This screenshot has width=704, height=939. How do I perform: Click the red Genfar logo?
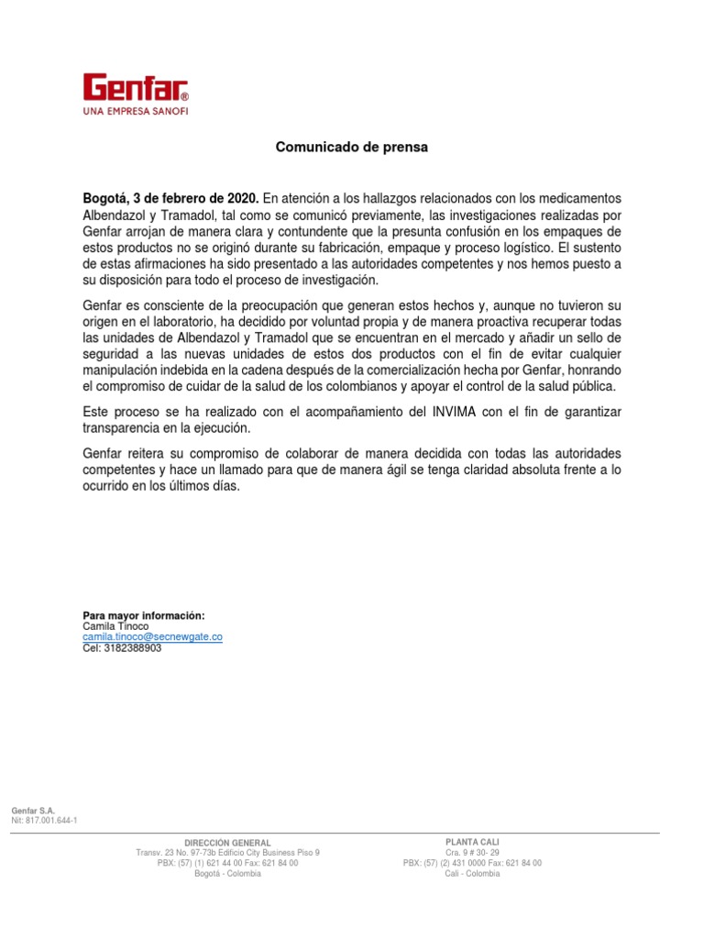click(136, 88)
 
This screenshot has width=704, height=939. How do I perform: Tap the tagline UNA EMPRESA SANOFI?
click(136, 111)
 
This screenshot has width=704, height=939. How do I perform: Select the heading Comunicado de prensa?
click(353, 147)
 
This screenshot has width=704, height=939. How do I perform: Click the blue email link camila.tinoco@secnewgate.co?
click(153, 636)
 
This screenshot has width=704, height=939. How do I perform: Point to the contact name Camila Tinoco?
click(115, 625)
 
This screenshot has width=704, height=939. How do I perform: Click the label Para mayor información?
click(144, 614)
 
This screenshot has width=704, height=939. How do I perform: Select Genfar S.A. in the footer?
click(33, 811)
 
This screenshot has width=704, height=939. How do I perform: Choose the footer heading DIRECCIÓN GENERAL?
click(227, 843)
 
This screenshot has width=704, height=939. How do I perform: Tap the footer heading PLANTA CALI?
click(472, 842)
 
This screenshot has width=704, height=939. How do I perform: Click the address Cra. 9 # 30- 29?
click(472, 853)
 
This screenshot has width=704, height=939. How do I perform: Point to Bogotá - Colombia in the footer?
click(227, 873)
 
